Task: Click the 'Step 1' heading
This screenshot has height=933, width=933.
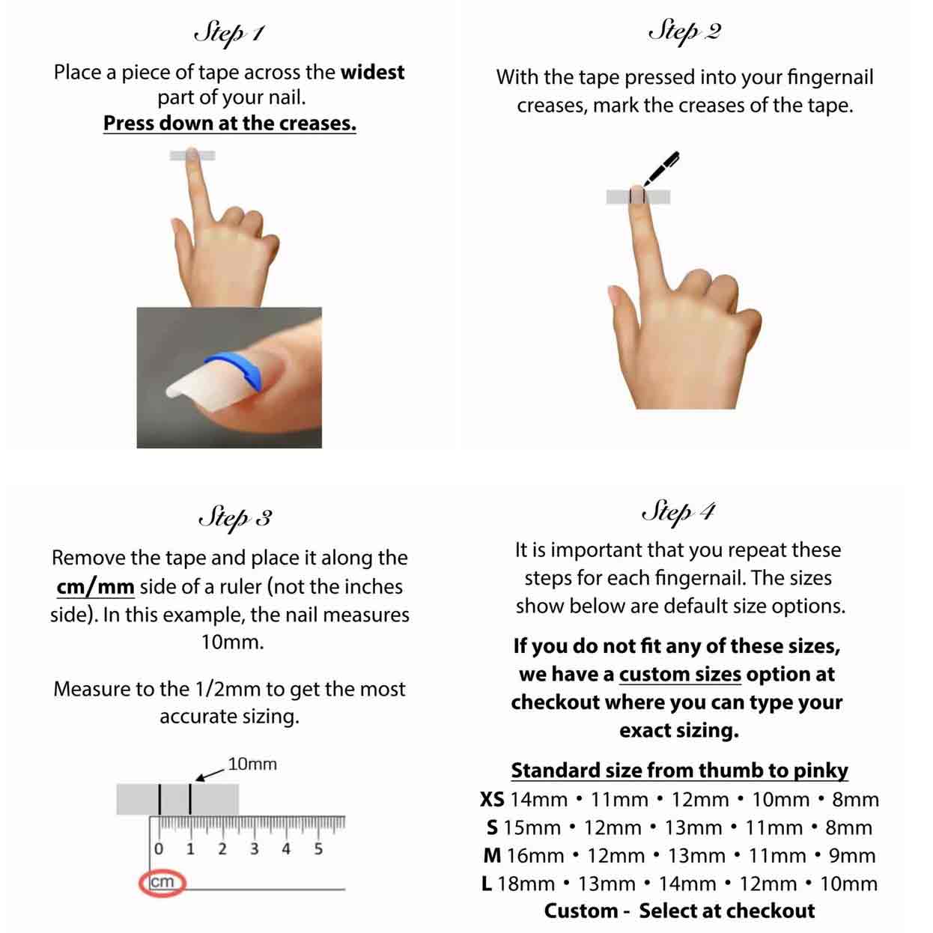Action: (229, 34)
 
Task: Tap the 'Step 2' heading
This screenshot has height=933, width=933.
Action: (684, 31)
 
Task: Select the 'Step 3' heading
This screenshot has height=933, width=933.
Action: (234, 517)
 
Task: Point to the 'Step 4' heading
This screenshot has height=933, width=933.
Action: (678, 512)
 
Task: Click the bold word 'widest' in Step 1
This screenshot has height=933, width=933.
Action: (372, 73)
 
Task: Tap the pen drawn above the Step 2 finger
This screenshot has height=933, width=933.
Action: (660, 168)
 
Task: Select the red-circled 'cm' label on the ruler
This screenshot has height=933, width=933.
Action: (162, 882)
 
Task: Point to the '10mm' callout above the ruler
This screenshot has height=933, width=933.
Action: (252, 765)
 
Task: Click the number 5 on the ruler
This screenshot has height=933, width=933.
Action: (318, 850)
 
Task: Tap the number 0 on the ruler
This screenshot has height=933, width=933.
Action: (159, 850)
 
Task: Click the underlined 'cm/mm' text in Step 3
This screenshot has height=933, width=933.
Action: (95, 587)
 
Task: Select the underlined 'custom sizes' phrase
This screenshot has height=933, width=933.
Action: (680, 675)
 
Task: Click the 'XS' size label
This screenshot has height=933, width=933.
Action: (492, 800)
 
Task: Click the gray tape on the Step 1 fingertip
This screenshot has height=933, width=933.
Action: (192, 156)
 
